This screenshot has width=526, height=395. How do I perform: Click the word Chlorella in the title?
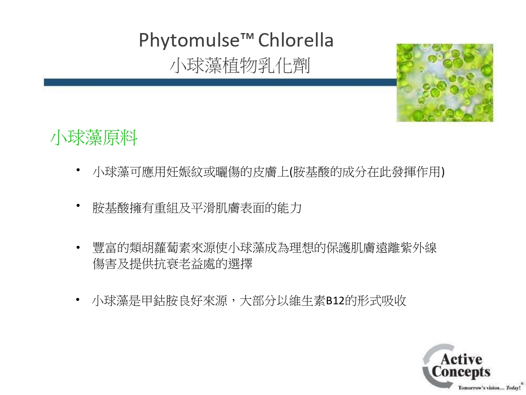pos(296,40)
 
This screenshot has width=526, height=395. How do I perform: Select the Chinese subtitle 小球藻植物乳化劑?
pos(240,65)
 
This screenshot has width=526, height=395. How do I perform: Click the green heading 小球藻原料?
pos(94,138)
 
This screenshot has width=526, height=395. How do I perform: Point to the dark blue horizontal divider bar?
pos(220,82)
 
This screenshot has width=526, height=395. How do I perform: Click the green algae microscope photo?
pos(445,83)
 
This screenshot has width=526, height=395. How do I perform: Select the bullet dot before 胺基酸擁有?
pos(78,206)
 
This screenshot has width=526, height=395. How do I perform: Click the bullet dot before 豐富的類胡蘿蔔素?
pos(78,248)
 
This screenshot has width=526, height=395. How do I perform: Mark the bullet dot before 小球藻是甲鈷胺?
pos(78,299)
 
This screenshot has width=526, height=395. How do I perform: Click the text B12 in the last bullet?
pos(335,301)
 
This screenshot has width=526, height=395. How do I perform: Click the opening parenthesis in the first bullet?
pos(291,172)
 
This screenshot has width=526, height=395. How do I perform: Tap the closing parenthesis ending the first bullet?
pos(443,172)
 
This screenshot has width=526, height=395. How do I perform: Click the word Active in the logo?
pos(462,359)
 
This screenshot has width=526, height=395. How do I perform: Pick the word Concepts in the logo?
pos(461,372)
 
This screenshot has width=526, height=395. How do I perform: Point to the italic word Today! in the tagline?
pos(513,388)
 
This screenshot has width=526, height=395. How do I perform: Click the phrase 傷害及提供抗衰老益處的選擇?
pos(173,264)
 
